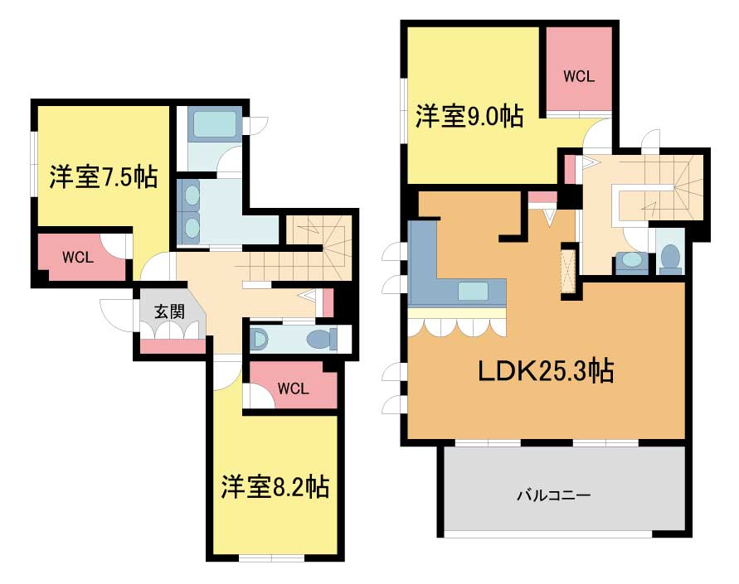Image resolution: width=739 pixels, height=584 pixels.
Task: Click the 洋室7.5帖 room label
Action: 103,177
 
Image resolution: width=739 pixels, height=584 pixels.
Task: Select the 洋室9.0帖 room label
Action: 469,116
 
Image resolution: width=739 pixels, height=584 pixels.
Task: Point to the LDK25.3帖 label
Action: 546,371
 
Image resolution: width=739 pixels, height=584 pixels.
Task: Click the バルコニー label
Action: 554,495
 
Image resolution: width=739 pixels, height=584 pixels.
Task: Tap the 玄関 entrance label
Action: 169,311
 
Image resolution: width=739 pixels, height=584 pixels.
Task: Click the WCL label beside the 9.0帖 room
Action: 579,76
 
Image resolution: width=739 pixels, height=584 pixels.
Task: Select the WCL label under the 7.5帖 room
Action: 78,258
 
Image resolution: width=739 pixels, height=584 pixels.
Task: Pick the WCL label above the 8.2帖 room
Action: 293,389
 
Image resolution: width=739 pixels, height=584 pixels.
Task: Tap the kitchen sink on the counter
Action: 473,292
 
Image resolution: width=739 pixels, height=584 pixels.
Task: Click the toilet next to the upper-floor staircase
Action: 670,258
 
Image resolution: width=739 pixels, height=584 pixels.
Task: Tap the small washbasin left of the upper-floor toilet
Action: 631,260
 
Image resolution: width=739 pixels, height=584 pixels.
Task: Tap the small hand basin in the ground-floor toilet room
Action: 260,340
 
